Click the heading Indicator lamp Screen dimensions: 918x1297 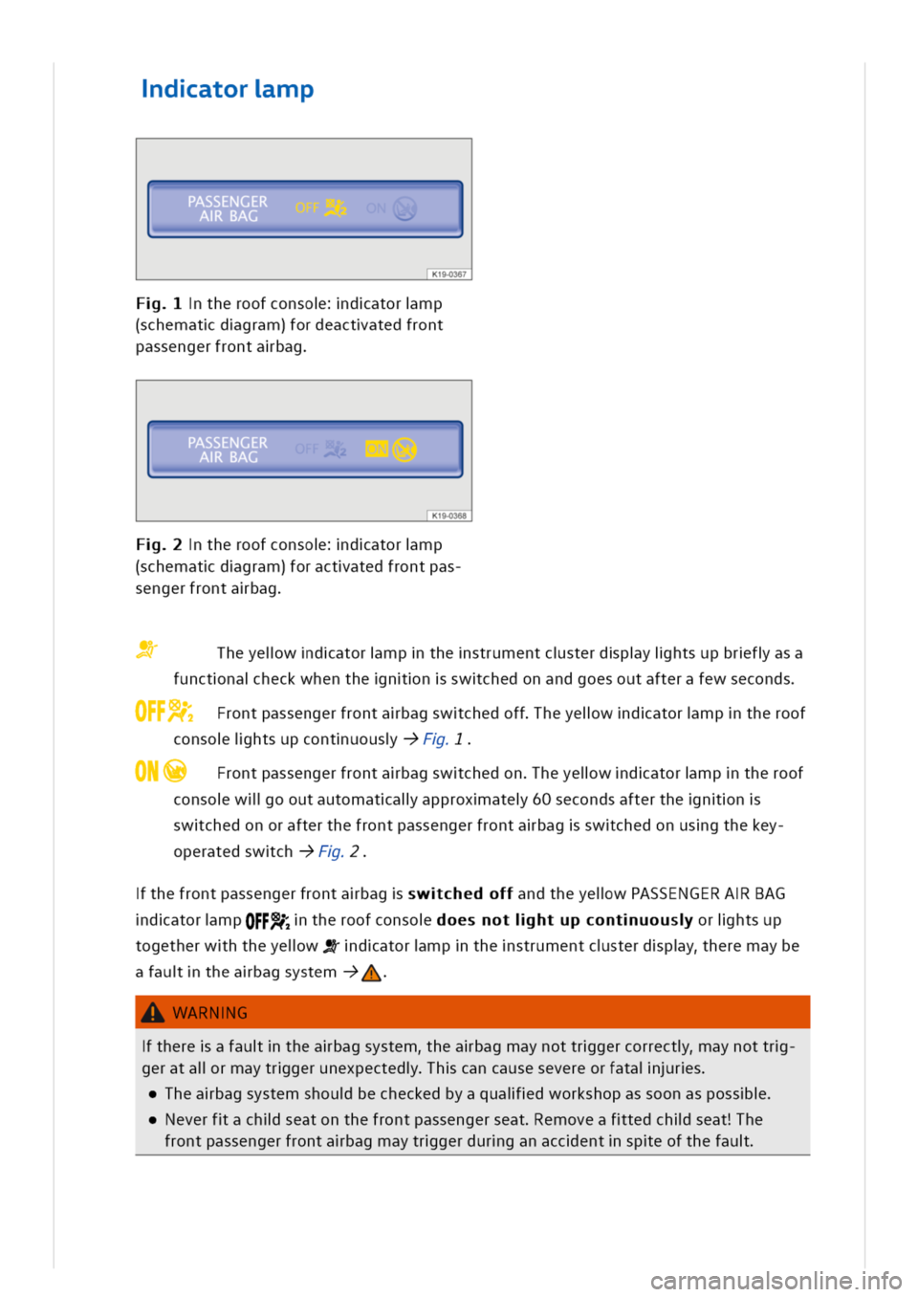pyautogui.click(x=228, y=89)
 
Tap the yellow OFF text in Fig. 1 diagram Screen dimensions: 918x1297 pyautogui.click(x=307, y=208)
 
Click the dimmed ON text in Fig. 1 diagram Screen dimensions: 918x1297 pyautogui.click(x=376, y=208)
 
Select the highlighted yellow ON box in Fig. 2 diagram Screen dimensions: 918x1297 pyautogui.click(x=377, y=449)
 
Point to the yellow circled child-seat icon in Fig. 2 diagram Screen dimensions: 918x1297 pyautogui.click(x=404, y=450)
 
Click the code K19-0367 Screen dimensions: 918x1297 pyautogui.click(x=449, y=274)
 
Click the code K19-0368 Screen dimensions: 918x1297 pyautogui.click(x=449, y=516)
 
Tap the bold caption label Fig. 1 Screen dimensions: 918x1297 pyautogui.click(x=159, y=303)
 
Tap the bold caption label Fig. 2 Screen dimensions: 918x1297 pyautogui.click(x=159, y=544)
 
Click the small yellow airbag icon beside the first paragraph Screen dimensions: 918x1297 pyautogui.click(x=146, y=649)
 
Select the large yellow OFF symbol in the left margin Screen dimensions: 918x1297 pyautogui.click(x=164, y=711)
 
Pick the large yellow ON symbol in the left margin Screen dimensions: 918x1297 pyautogui.click(x=161, y=771)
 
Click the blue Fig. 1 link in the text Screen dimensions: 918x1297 pyautogui.click(x=444, y=738)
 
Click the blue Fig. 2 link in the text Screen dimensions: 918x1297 pyautogui.click(x=339, y=851)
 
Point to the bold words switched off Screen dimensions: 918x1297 pyautogui.click(x=460, y=893)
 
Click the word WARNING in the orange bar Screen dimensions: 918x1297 pyautogui.click(x=210, y=1013)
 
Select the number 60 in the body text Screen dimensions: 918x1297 pyautogui.click(x=542, y=799)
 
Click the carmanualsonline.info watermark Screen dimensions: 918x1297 pyautogui.click(x=776, y=1282)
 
